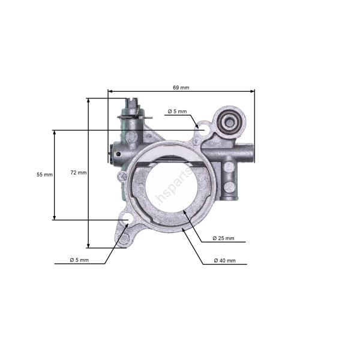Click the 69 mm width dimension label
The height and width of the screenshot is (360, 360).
[x=181, y=88]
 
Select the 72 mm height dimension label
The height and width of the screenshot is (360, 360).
[x=79, y=173]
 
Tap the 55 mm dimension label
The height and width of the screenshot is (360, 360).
[x=44, y=175]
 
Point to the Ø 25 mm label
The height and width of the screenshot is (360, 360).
[x=224, y=239]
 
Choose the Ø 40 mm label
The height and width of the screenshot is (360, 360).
[x=225, y=261]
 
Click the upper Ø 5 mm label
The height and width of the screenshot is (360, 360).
[x=177, y=112]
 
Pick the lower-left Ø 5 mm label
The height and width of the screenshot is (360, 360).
[x=79, y=260]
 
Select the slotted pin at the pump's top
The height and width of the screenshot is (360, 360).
[x=132, y=108]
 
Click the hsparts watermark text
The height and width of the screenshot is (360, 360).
[x=175, y=185]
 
